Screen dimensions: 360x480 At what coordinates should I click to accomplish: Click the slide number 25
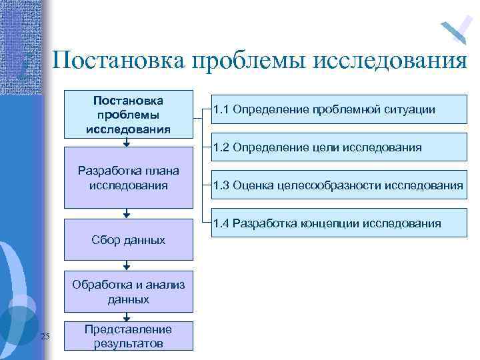tap(45, 336)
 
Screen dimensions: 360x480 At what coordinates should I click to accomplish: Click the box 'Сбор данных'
tap(128, 239)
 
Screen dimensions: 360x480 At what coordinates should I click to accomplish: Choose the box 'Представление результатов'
tap(128, 337)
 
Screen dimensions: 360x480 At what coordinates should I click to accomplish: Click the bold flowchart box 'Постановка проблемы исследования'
tap(128, 114)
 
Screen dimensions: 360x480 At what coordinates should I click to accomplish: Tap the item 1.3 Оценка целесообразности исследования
tap(338, 185)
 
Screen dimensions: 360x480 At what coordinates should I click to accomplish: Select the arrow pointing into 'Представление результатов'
tap(127, 319)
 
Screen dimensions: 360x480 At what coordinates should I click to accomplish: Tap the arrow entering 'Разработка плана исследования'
tap(127, 142)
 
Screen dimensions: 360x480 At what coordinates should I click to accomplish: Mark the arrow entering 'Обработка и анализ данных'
tap(127, 267)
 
